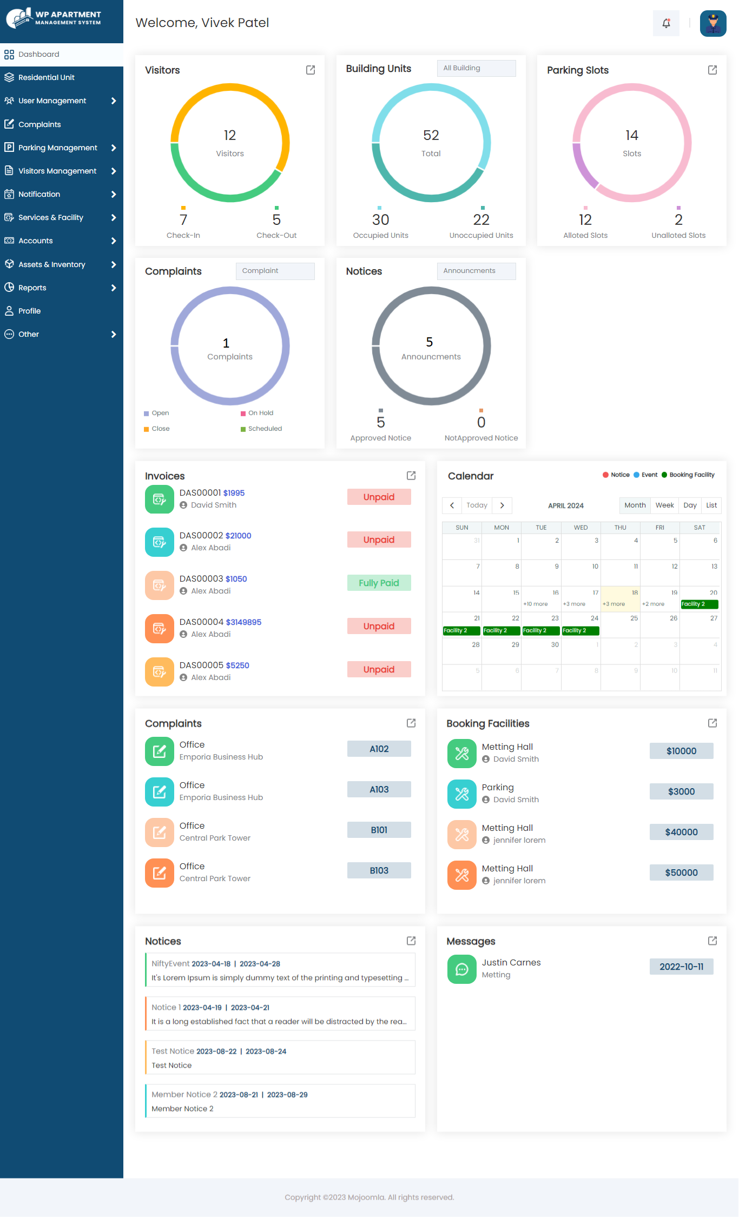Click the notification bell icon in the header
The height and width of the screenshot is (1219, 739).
[x=666, y=23]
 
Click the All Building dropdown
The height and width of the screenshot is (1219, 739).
[x=476, y=68]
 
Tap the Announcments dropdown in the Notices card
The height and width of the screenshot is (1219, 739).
[x=476, y=271]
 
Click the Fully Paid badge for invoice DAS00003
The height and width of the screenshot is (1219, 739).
[x=379, y=583]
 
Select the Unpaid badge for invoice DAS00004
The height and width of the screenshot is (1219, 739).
[x=379, y=626]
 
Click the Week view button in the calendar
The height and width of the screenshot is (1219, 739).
[x=664, y=505]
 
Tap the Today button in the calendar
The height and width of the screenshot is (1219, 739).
[x=477, y=505]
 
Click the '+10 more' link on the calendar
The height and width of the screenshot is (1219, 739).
[x=535, y=604]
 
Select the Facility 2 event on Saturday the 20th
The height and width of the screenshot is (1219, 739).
[x=700, y=604]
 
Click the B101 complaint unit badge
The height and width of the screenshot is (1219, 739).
[x=379, y=830]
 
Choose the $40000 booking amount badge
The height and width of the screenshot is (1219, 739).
[x=681, y=832]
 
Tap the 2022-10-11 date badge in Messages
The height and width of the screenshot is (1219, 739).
[x=681, y=967]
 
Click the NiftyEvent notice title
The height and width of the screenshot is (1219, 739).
[x=170, y=964]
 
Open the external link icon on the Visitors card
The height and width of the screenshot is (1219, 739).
[x=311, y=70]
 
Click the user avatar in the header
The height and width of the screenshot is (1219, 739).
[x=713, y=23]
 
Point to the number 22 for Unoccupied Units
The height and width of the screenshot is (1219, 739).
[x=481, y=220]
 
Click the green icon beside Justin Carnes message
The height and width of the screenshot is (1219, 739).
[x=461, y=969]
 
